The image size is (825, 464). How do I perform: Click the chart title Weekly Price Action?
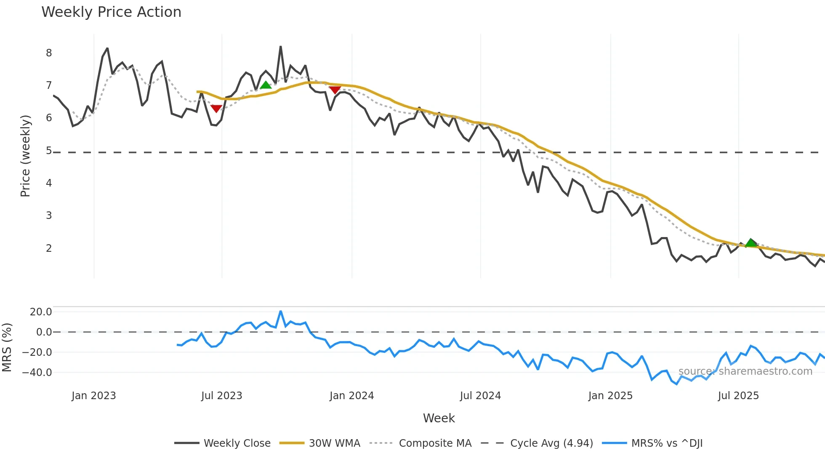pos(111,12)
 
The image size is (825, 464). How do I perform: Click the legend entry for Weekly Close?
pos(237,443)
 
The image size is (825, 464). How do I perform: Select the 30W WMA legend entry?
pos(334,443)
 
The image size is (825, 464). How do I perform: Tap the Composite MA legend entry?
pos(435,443)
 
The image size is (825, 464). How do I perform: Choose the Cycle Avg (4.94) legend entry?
pos(551,443)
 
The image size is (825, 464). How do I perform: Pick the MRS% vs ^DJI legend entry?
pos(667,443)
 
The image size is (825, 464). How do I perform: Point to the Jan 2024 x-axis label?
pos(351,396)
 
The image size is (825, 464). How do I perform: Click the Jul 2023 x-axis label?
pos(221,396)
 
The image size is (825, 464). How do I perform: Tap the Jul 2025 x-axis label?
pos(738,396)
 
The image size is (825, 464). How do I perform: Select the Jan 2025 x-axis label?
pos(610,396)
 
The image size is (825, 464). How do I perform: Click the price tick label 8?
pos(49,53)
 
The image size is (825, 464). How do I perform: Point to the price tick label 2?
pos(49,248)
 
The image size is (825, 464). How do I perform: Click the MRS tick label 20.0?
pos(41,312)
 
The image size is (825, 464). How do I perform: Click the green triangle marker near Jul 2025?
pos(751,243)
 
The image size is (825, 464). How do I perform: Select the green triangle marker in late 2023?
pos(266,85)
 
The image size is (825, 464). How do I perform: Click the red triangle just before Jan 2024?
pos(335,90)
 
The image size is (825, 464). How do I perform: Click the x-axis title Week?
pos(439,418)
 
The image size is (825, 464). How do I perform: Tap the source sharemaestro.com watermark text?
pos(745,371)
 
